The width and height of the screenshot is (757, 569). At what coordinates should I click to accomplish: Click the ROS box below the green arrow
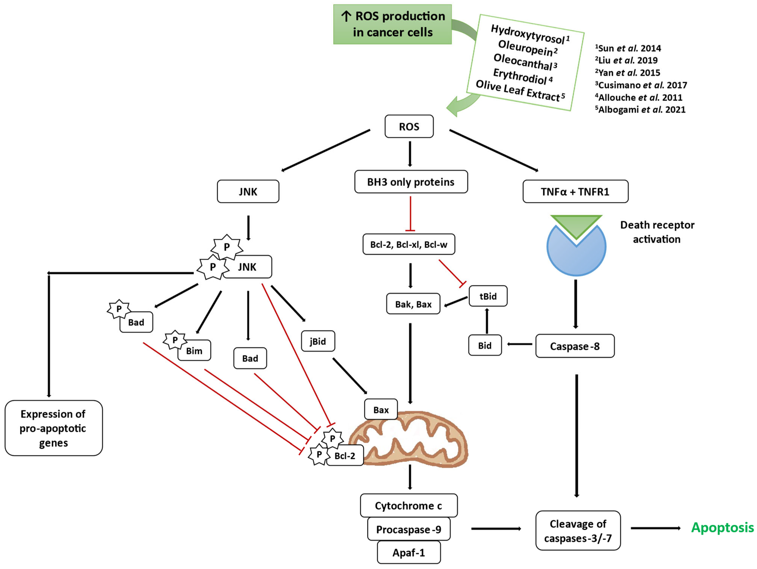409,126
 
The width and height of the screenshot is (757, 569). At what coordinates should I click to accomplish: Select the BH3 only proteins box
411,182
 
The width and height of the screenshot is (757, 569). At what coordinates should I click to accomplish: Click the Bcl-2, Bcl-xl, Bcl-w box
409,244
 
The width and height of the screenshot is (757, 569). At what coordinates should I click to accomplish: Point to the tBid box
488,296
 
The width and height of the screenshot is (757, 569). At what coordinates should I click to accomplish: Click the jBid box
318,341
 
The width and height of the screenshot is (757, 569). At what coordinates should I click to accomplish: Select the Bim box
194,351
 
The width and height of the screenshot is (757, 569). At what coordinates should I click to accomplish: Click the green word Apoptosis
722,528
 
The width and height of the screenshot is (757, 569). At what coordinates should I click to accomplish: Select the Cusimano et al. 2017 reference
641,85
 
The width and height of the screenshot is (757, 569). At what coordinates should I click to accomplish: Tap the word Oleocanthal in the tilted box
523,62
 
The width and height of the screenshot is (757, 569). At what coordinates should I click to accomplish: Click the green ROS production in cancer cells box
393,24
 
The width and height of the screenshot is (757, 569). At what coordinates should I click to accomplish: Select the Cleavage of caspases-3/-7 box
578,531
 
